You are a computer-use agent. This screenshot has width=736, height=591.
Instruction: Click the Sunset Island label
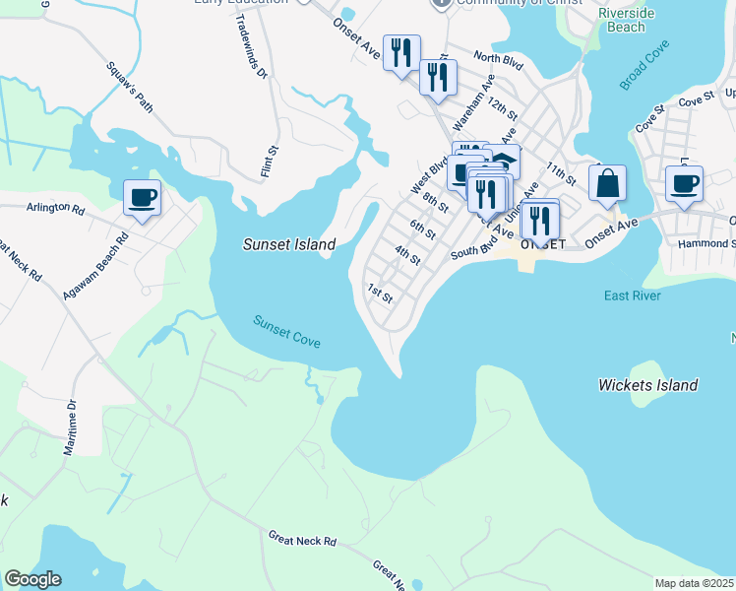tap(289, 244)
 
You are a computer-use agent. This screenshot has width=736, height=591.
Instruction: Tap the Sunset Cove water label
tap(286, 329)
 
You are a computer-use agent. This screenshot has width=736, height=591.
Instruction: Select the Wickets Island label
tap(647, 385)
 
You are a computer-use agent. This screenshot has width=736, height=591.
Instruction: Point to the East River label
tap(633, 295)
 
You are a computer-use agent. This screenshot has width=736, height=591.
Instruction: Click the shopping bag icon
tap(608, 183)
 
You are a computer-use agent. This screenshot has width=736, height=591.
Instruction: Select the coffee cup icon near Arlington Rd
tap(142, 198)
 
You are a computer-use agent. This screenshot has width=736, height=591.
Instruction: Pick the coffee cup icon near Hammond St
tap(684, 183)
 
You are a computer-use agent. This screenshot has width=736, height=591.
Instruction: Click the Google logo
tap(32, 579)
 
